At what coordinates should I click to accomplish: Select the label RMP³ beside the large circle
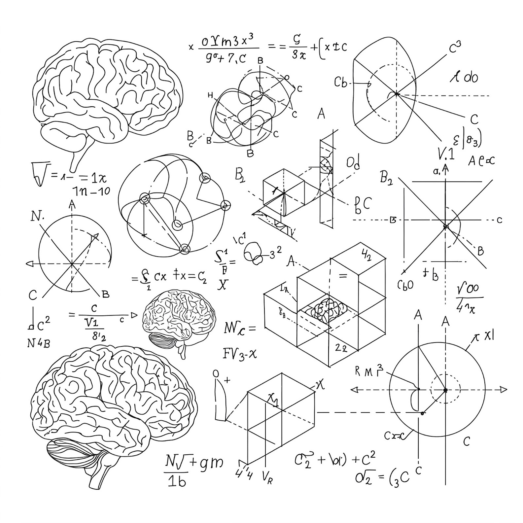tap(369, 371)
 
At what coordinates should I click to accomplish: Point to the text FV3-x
tap(239, 354)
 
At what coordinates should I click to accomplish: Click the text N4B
tap(39, 343)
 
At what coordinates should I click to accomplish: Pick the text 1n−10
tap(91, 191)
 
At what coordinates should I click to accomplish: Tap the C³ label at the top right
tap(455, 47)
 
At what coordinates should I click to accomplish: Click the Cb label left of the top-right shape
tap(341, 82)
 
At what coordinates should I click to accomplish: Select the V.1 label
tap(446, 154)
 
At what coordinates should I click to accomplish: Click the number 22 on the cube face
tap(341, 348)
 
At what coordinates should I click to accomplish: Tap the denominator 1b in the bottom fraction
tap(177, 482)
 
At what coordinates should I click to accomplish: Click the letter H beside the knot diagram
tap(210, 95)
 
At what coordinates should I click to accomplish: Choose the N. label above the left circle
tap(38, 217)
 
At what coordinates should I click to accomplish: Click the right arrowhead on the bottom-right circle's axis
tap(503, 390)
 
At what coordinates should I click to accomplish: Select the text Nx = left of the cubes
tap(239, 328)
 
